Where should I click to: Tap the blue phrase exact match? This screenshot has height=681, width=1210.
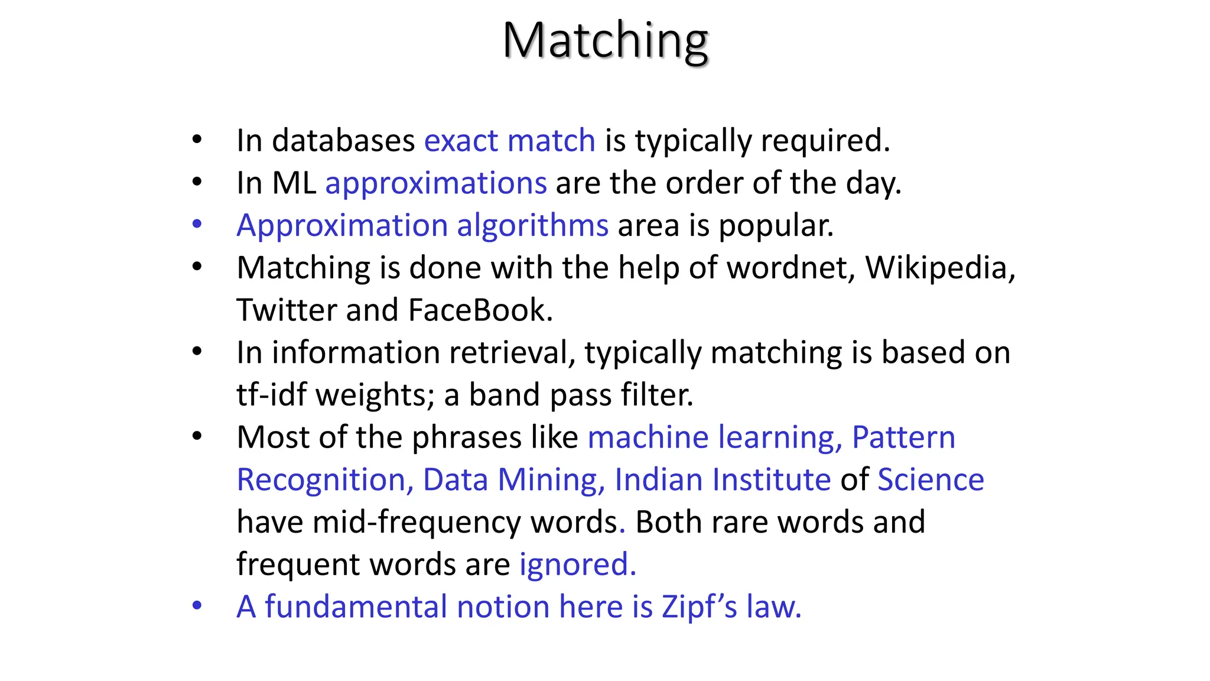(509, 141)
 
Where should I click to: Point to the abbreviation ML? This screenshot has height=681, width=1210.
(294, 183)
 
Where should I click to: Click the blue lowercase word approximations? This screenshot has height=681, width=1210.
(436, 183)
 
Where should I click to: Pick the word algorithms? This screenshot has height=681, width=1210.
(532, 226)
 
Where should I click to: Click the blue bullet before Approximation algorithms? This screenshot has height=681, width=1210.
(197, 225)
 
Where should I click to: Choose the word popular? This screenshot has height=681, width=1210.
(776, 226)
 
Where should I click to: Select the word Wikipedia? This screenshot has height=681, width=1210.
(939, 268)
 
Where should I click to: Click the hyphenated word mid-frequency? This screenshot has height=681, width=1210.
(416, 523)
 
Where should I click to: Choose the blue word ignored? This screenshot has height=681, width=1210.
(577, 565)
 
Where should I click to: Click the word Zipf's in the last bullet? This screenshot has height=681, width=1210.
(699, 607)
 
